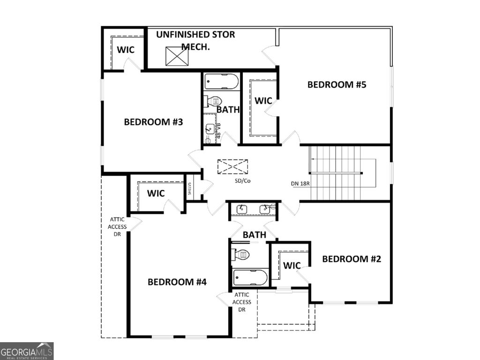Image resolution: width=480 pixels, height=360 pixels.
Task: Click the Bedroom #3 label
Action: point(153,122)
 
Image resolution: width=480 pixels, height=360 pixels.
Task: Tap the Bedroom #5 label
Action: point(336,85)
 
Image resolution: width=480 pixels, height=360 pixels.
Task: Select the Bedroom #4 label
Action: point(177,282)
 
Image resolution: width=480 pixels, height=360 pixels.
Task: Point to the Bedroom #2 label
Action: point(352,259)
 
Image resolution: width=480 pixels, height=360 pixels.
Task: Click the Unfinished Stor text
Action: point(195,35)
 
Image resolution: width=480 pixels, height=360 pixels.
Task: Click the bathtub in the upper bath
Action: point(222,82)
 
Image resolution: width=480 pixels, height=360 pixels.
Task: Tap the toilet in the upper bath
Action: point(213,101)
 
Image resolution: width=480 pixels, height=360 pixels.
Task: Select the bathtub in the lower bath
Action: point(250,277)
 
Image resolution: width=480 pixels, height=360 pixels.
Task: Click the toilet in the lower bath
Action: point(240,255)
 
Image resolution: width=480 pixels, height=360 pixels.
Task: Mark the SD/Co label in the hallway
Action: point(243,180)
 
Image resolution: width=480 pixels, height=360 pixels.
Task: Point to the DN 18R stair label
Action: point(300,183)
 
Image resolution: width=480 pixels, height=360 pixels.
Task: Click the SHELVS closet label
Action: point(190,188)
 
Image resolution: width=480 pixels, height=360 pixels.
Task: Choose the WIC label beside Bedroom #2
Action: point(292,266)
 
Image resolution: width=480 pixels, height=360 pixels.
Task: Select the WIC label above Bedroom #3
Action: point(126,50)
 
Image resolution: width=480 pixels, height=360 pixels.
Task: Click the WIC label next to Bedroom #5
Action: point(263,100)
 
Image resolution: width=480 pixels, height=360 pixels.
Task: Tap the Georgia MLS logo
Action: point(27,351)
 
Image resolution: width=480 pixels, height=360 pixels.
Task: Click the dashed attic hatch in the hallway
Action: point(233,166)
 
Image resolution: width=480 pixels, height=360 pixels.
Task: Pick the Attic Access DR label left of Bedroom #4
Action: point(117,226)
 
